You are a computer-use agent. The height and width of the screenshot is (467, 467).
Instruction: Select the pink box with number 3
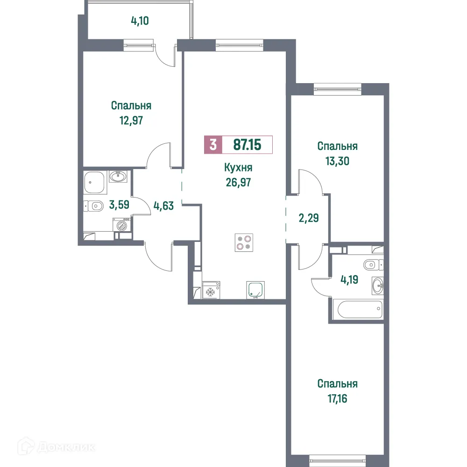pos(213,145)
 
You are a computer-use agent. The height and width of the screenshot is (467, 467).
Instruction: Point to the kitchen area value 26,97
pos(238,182)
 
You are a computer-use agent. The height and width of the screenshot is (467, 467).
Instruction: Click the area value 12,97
pos(131,120)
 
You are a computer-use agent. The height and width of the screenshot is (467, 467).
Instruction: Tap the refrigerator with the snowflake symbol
pos(210,290)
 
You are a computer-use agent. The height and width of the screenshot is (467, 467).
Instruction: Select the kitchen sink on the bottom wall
pos(255,289)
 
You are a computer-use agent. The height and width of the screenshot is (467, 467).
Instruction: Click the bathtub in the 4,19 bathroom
pos(357,309)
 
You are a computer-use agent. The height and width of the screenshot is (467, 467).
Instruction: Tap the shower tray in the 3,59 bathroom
pos(95,183)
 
